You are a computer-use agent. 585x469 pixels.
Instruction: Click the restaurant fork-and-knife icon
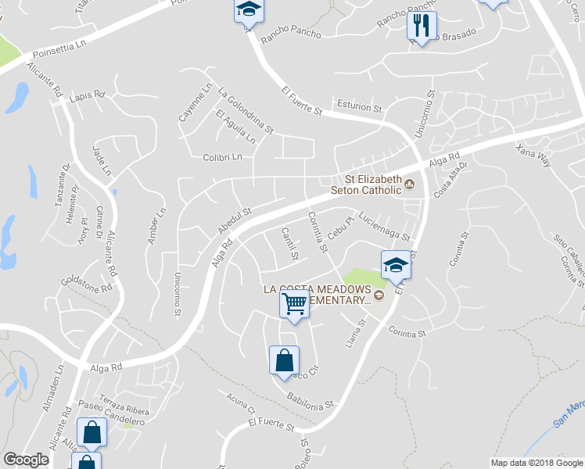[421, 26]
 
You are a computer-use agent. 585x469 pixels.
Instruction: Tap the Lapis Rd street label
[87, 96]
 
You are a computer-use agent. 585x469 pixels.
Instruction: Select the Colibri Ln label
[223, 157]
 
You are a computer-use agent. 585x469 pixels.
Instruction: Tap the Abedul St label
[234, 221]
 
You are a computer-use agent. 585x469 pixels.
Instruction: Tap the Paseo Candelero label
[112, 414]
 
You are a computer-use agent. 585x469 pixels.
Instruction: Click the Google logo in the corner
[26, 460]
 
